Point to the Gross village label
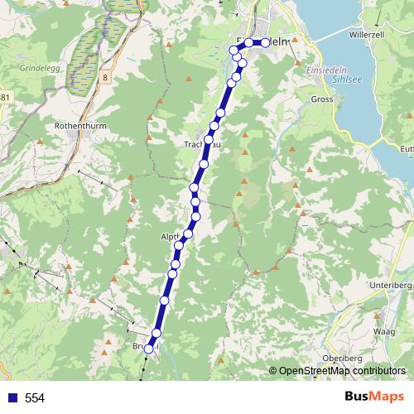point(323,100)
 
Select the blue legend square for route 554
point(10,398)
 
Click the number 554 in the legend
point(35,398)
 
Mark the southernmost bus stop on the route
point(149,349)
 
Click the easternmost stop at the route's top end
point(265,42)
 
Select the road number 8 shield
point(107,77)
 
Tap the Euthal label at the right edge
point(406,149)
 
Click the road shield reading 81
point(5,98)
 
